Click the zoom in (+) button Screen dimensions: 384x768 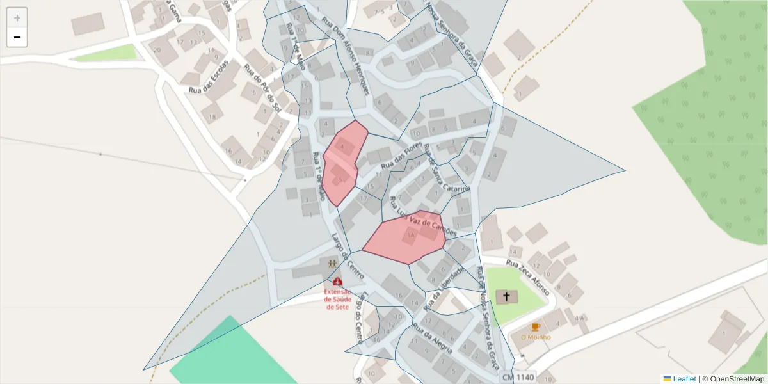(x=17, y=18)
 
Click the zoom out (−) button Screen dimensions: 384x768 (x=17, y=37)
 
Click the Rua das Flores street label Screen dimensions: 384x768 (x=402, y=156)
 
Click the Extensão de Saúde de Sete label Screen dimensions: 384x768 (x=337, y=299)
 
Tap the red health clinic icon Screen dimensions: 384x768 (x=337, y=281)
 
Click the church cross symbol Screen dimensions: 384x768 (x=507, y=296)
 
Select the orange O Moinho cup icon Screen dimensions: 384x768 (x=536, y=327)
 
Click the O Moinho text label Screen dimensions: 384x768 (x=536, y=337)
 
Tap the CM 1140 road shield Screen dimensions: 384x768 (x=517, y=378)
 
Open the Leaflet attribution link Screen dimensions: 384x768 (x=684, y=379)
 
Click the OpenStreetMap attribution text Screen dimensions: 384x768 (x=733, y=379)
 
